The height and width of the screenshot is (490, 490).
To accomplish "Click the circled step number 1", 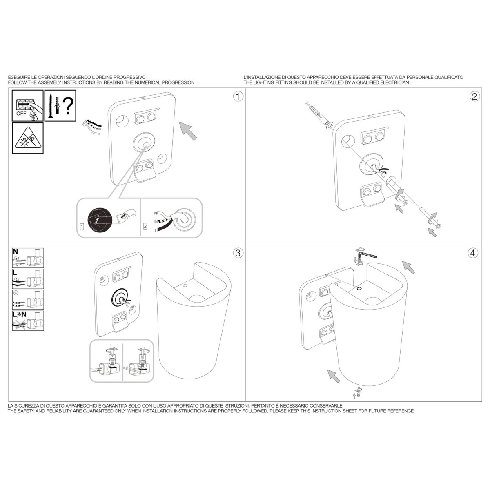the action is [238, 97].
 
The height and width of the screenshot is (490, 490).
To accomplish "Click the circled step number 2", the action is [474, 97].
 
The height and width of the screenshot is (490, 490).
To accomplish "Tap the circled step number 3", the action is [238, 253].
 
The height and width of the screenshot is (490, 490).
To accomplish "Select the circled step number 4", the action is [473, 253].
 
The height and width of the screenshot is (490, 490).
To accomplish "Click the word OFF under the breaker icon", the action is [21, 114].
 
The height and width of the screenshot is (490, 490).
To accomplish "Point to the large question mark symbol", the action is [68, 106].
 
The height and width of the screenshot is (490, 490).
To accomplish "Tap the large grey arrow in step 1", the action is [188, 131].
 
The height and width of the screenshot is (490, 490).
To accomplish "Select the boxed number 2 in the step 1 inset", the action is [145, 226].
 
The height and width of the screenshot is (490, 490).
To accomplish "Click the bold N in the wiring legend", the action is [16, 252].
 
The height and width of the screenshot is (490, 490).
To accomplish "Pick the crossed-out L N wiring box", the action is [28, 321].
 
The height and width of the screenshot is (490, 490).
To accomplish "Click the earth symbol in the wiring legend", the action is [15, 293].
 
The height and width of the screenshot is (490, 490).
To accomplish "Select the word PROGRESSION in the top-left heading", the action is [178, 82].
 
